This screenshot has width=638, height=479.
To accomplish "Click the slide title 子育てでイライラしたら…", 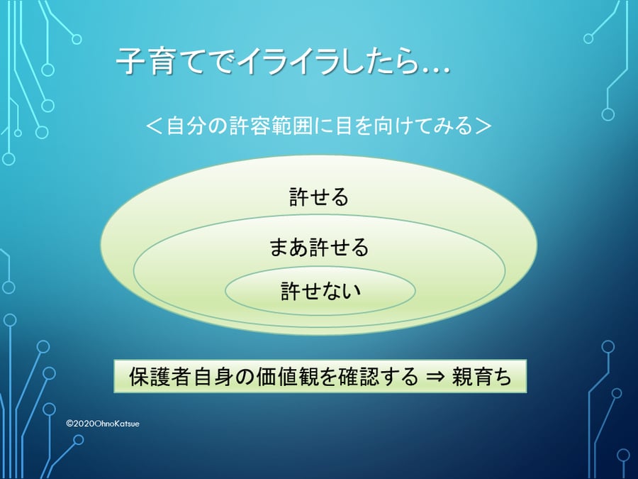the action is click(x=283, y=62).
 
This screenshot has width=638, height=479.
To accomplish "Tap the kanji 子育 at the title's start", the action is click(x=145, y=62).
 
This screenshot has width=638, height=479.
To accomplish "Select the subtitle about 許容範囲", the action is click(x=318, y=126).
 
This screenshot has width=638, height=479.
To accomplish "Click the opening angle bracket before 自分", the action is click(x=155, y=126).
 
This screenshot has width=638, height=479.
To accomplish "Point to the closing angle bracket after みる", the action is click(x=483, y=126).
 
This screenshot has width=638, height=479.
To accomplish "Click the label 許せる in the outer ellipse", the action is click(x=319, y=197).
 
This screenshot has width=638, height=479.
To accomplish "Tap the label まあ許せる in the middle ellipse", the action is click(x=319, y=247).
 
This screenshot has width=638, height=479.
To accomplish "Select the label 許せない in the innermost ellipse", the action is click(x=321, y=291).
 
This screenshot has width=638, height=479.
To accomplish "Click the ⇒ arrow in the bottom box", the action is click(x=435, y=377).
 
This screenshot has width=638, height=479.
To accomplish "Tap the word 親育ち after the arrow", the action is click(x=481, y=376).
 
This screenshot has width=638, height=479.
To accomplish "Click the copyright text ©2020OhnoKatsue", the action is click(x=103, y=424).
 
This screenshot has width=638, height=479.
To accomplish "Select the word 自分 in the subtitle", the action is click(x=186, y=126).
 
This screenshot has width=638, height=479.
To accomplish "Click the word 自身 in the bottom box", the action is click(x=213, y=376).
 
